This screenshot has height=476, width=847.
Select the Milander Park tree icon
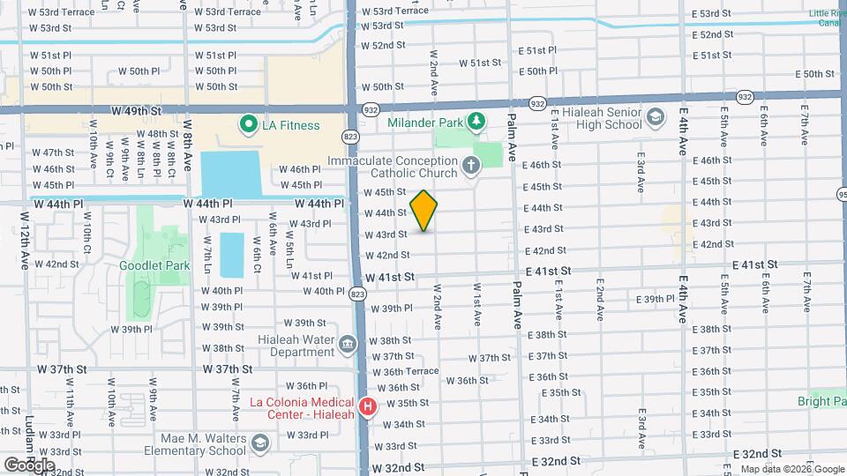[476, 119]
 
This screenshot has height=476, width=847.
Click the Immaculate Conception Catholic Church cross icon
[472, 164]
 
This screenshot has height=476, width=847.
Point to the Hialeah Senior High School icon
[656, 116]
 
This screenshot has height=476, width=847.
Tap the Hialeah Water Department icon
[346, 342]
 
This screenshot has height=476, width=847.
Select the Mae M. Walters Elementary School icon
[259, 442]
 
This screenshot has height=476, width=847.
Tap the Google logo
[28, 465]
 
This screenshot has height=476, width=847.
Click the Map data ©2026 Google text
[792, 469]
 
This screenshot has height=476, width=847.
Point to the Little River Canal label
[828, 19]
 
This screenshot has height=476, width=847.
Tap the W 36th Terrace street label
[405, 371]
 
